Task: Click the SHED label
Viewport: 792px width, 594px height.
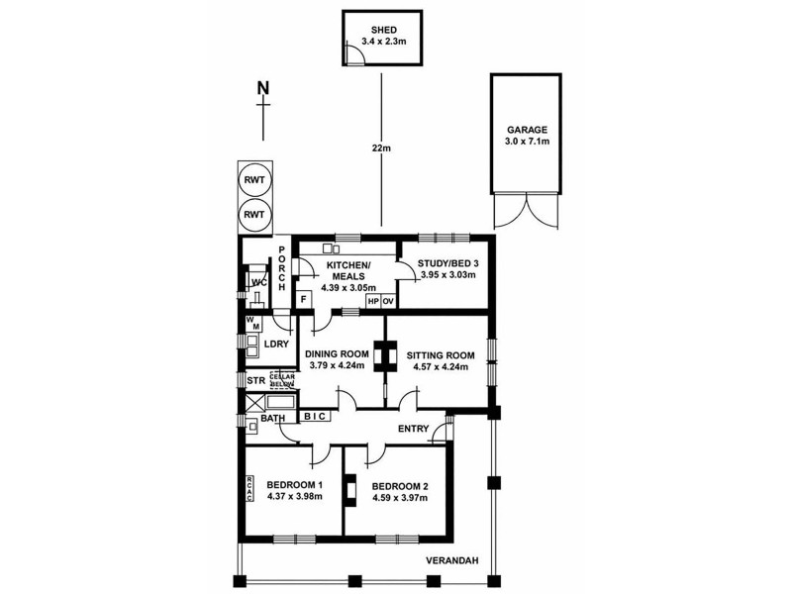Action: point(381,30)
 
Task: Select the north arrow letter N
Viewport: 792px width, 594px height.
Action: point(262,88)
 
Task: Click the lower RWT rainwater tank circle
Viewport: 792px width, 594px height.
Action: point(254,214)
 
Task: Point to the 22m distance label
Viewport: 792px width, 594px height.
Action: point(382,148)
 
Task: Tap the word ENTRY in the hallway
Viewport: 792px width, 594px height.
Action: point(413,429)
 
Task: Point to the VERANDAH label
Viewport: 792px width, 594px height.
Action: point(453,561)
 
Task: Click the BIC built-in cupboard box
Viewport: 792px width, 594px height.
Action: point(315,418)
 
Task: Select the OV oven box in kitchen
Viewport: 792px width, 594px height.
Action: point(389,301)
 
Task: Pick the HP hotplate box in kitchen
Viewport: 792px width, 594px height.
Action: point(373,301)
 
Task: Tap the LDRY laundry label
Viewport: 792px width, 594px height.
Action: point(276,345)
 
